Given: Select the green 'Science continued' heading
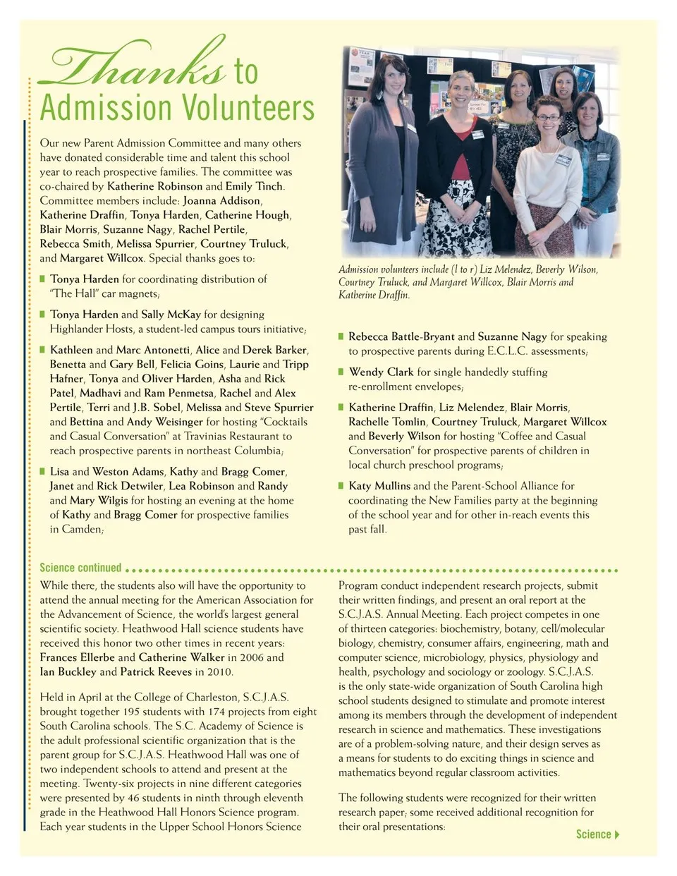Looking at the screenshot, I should coord(80,568).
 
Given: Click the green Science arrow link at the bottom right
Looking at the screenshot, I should coord(597,834).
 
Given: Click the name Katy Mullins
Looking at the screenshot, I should coord(379,486).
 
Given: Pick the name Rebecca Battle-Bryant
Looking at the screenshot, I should coord(401,336).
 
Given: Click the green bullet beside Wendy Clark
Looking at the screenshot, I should coord(341,371).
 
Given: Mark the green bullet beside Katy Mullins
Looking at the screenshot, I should coord(341,485).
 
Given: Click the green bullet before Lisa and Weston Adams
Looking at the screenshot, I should coord(43,470).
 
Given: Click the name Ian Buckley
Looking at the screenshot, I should coord(68,671).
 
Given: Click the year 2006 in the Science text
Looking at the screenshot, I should coord(252,657).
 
